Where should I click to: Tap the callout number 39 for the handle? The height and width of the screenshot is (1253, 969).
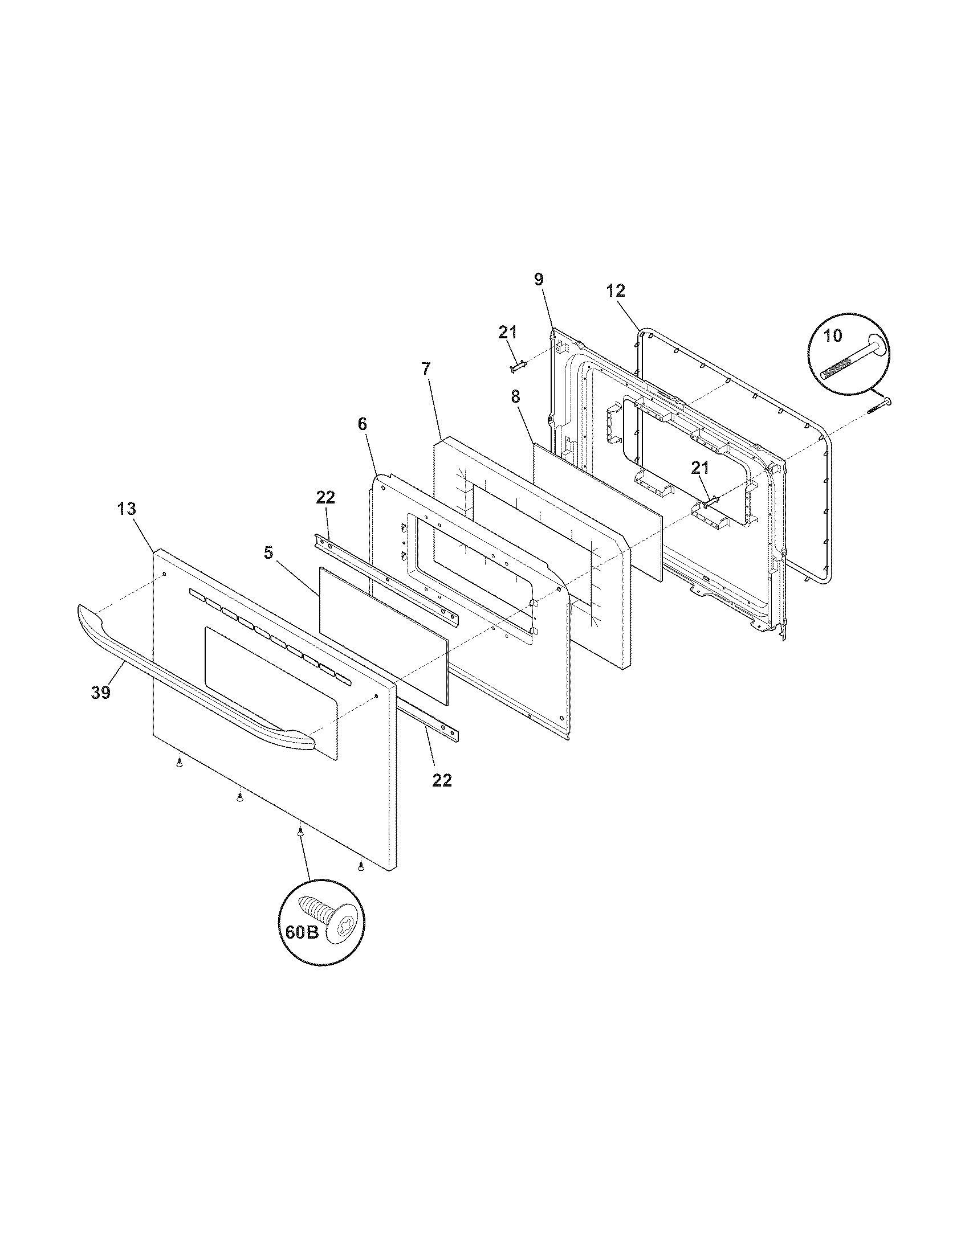pyautogui.click(x=100, y=693)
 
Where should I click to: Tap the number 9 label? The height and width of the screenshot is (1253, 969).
pyautogui.click(x=538, y=280)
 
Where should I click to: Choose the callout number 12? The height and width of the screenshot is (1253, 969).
pyautogui.click(x=615, y=291)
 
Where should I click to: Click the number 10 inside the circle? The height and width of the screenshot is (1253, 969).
pyautogui.click(x=832, y=335)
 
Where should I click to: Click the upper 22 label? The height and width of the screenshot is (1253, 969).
pyautogui.click(x=325, y=497)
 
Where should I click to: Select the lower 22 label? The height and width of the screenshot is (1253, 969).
pyautogui.click(x=442, y=780)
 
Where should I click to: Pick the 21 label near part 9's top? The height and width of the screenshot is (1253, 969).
pyautogui.click(x=507, y=332)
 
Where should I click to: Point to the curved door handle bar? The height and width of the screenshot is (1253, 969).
pyautogui.click(x=189, y=683)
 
